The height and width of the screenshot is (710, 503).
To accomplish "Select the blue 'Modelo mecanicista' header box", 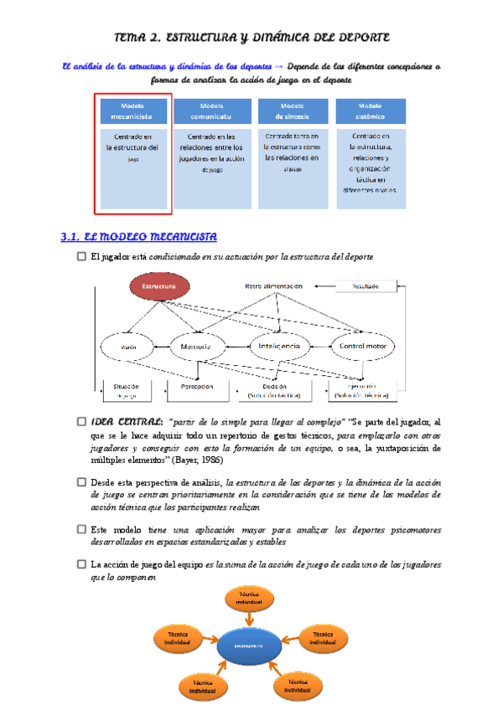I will coord(132,112).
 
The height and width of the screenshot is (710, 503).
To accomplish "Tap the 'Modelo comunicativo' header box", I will coord(211,112).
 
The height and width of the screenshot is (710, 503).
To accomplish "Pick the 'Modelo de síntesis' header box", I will coord(292,112).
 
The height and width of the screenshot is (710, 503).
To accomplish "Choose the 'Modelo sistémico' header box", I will coord(370,112).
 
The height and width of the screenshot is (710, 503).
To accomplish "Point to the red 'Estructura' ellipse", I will coord(158,286).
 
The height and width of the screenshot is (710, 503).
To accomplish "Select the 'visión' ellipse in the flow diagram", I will coord(127,346).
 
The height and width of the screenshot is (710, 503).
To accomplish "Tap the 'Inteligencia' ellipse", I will coord(280,346).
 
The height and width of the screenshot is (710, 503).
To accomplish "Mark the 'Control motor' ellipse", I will coord(366,346).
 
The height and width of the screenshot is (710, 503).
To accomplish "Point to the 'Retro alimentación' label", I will coord(273,286).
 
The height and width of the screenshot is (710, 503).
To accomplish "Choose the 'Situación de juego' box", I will coord(126,390).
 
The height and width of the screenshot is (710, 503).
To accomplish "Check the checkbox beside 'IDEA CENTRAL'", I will coord(81,422).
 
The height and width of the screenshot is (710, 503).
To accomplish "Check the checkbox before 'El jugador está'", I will coord(81,256).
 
